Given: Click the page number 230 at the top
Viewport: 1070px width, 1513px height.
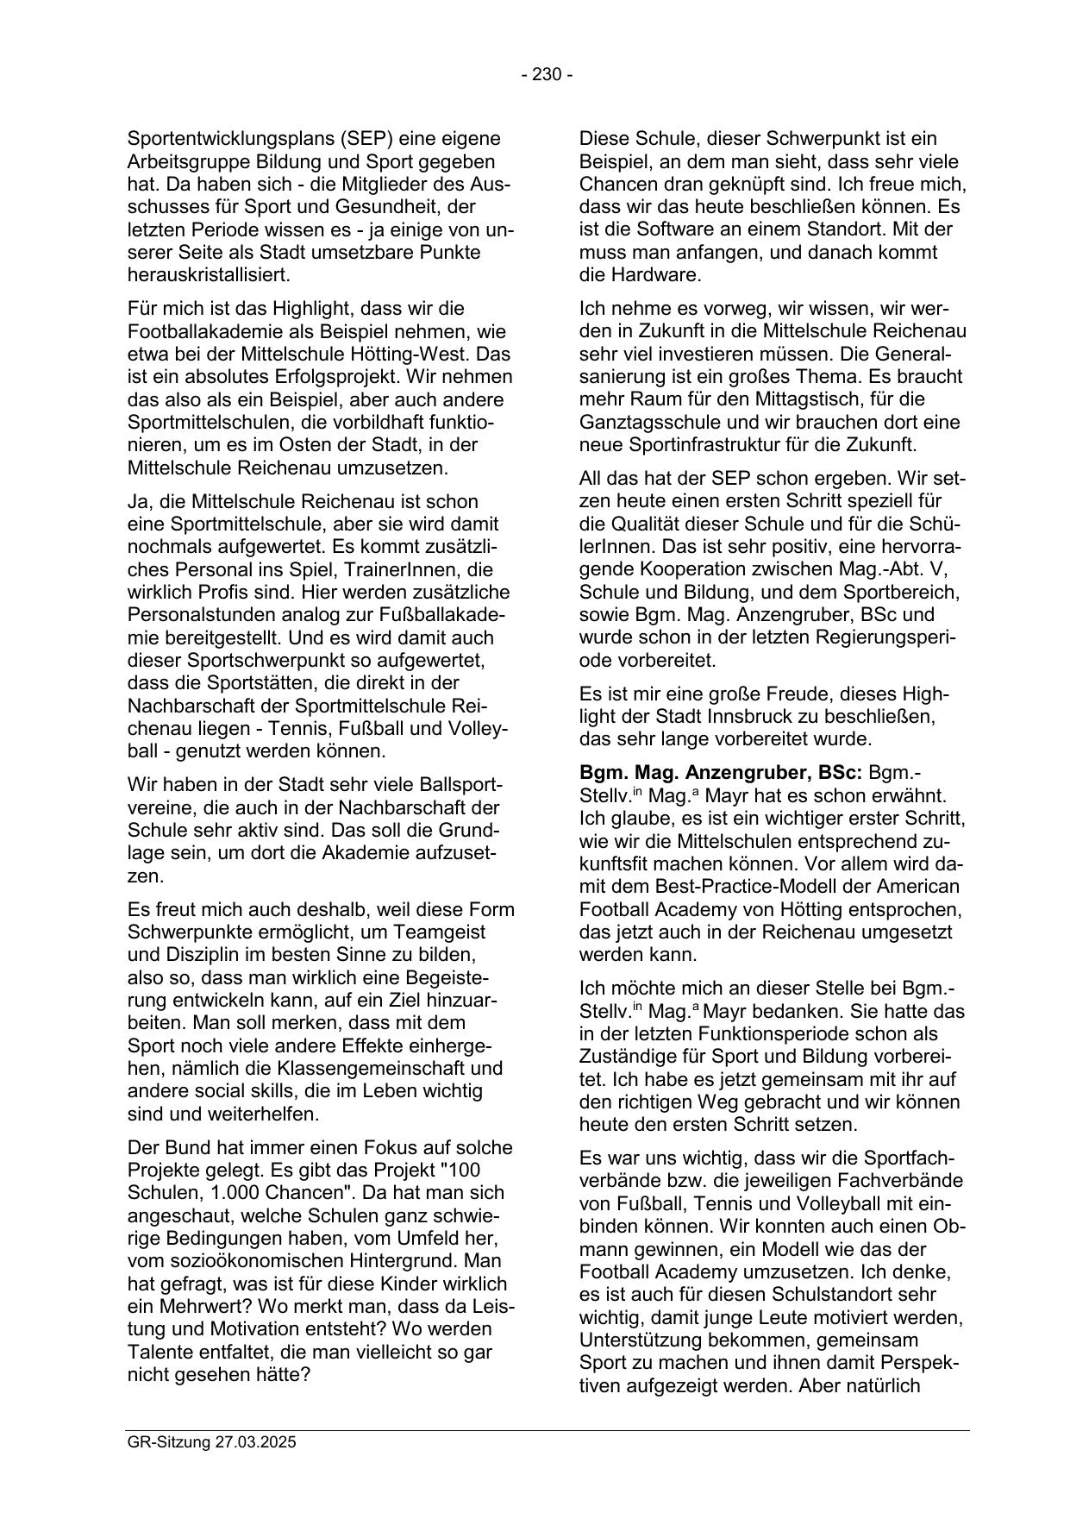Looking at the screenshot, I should pyautogui.click(x=547, y=75).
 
